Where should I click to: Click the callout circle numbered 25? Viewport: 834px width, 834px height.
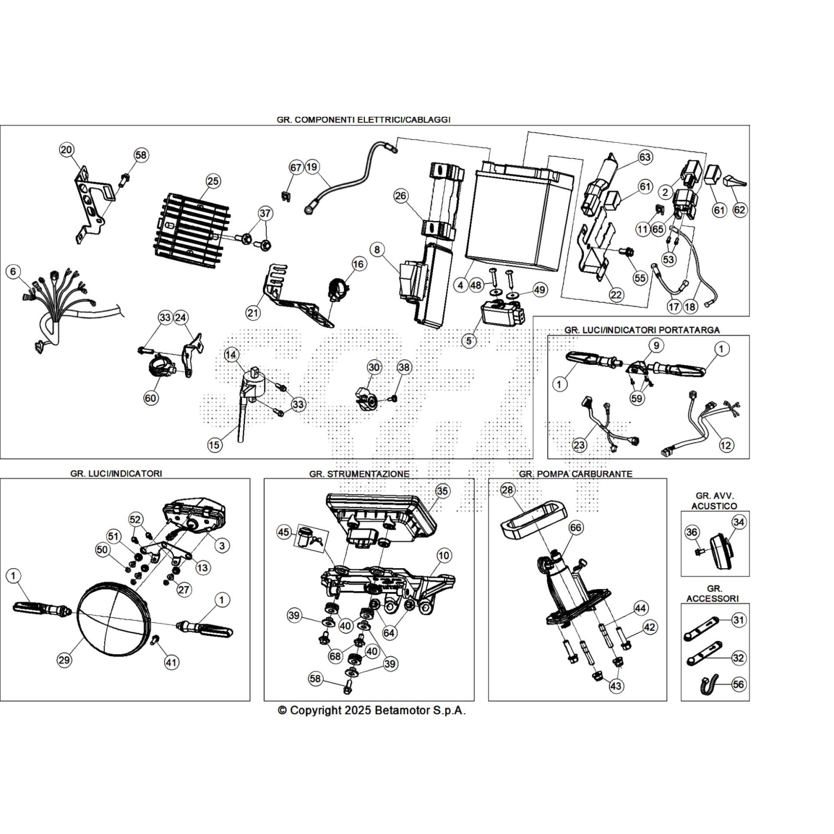213,181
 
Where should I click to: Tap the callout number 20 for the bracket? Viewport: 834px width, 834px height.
66,150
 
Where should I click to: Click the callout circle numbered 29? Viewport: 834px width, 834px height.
64,660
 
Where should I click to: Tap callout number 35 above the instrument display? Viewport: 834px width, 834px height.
442,491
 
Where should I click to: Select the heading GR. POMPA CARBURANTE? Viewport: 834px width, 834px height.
575,474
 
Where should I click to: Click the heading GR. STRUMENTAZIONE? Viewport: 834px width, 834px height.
359,474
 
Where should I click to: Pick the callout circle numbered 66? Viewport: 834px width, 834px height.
575,528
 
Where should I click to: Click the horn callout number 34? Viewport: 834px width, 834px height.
739,522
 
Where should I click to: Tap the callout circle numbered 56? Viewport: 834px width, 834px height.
739,684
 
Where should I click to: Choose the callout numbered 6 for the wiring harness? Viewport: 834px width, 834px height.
13,272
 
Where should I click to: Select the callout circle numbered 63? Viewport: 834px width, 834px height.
645,157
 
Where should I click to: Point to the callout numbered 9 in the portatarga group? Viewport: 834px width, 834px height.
656,345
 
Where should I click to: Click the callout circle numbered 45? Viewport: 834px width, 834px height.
284,532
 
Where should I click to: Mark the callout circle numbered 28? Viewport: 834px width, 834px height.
507,490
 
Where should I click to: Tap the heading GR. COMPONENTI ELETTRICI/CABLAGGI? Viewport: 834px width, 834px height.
363,119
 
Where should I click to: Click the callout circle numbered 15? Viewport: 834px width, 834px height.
214,445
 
